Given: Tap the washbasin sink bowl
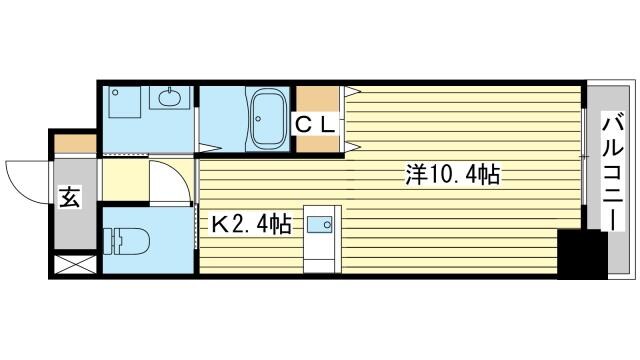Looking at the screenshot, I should tap(169, 98).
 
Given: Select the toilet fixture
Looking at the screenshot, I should tap(131, 241).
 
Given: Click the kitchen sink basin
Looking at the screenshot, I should tap(322, 225).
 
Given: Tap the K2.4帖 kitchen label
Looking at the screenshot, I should tap(250, 225).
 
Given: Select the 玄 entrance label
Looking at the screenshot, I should tap(69, 198).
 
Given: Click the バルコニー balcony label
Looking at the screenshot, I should tap(612, 171).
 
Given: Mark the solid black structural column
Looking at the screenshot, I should tap(583, 254).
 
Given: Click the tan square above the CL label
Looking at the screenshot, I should tap(318, 100).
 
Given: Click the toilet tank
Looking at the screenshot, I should tap(109, 241).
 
